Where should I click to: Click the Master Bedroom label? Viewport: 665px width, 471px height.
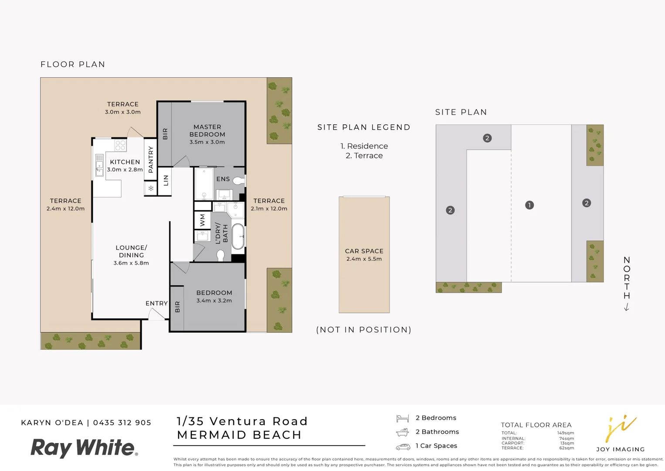pyautogui.click(x=207, y=131)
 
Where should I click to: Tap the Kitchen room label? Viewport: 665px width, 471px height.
pyautogui.click(x=125, y=162)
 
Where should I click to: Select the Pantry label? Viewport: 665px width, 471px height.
pyautogui.click(x=151, y=159)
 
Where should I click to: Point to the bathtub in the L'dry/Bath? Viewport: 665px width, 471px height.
pyautogui.click(x=238, y=236)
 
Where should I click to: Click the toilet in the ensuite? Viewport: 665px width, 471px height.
pyautogui.click(x=238, y=181)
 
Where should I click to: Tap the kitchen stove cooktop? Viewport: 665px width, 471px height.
pyautogui.click(x=120, y=145)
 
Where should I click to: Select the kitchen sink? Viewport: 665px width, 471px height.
pyautogui.click(x=99, y=164)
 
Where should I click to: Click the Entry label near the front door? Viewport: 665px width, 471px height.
pyautogui.click(x=156, y=303)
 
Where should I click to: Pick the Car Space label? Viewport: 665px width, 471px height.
pyautogui.click(x=364, y=251)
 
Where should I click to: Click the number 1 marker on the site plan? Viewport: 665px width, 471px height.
pyautogui.click(x=529, y=205)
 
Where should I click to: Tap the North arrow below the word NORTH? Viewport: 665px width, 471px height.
pyautogui.click(x=627, y=307)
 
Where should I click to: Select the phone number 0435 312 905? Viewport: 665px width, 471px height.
pyautogui.click(x=122, y=423)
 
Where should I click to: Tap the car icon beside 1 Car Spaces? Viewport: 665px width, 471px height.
pyautogui.click(x=403, y=447)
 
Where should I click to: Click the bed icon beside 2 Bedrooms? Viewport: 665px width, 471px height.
pyautogui.click(x=402, y=419)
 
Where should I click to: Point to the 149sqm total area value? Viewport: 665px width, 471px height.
pyautogui.click(x=565, y=433)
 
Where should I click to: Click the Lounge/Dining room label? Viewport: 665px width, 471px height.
pyautogui.click(x=131, y=251)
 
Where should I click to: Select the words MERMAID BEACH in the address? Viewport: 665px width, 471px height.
pyautogui.click(x=239, y=435)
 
